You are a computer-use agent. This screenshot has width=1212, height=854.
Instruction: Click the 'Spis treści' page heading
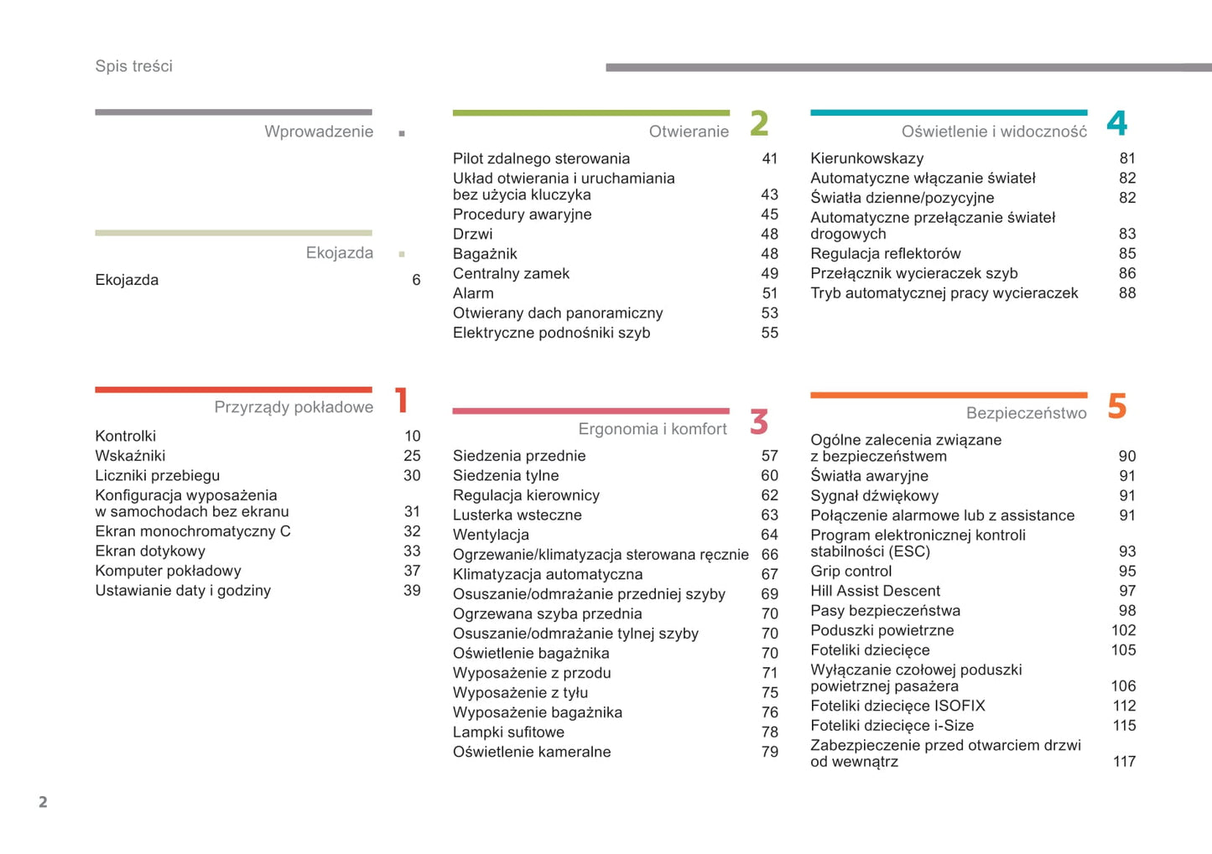click(x=133, y=66)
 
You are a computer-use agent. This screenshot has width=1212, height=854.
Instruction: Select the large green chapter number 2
click(x=759, y=124)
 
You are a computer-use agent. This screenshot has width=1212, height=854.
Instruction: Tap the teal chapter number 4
click(x=1116, y=124)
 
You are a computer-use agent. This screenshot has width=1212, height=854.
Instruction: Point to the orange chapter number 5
click(x=1116, y=406)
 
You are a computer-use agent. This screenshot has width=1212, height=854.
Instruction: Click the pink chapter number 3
click(x=759, y=422)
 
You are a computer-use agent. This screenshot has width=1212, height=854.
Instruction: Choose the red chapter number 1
click(x=402, y=401)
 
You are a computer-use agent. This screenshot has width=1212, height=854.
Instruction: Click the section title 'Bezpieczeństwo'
click(x=1026, y=413)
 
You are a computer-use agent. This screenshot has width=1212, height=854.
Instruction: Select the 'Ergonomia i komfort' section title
click(x=653, y=429)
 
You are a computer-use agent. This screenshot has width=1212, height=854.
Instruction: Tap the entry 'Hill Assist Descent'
click(x=875, y=591)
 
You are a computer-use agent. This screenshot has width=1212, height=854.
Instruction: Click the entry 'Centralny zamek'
click(x=511, y=273)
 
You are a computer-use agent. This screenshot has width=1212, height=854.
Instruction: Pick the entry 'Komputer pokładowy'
click(x=168, y=571)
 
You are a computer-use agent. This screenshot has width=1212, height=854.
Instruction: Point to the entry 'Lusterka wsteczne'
click(x=517, y=515)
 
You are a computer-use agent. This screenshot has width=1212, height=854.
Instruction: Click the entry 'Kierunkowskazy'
click(x=866, y=158)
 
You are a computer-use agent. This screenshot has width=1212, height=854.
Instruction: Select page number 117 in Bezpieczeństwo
click(x=1124, y=762)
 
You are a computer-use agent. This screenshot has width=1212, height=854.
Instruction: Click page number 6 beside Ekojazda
click(x=416, y=280)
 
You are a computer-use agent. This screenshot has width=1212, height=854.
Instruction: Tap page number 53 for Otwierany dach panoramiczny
click(x=769, y=313)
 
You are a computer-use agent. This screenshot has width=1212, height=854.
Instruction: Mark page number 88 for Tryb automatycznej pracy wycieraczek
click(x=1127, y=293)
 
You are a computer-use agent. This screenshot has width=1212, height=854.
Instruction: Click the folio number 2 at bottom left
click(x=43, y=802)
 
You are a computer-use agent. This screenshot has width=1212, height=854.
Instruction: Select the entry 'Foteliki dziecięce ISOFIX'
click(x=897, y=706)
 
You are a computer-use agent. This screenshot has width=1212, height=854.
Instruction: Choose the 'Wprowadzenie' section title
click(x=319, y=132)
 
